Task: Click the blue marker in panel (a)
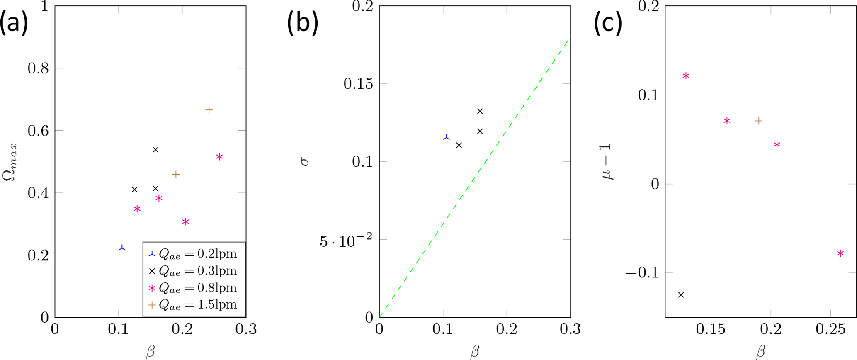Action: pyautogui.click(x=122, y=248)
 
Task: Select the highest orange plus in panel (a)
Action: pyautogui.click(x=209, y=110)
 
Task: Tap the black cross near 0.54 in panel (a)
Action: pyautogui.click(x=155, y=150)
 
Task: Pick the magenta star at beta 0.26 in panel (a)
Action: pyautogui.click(x=219, y=157)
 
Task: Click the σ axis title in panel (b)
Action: pyautogui.click(x=305, y=161)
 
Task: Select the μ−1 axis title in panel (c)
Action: pyautogui.click(x=608, y=162)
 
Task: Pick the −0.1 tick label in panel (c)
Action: pyautogui.click(x=642, y=273)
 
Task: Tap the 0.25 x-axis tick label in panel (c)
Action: pyautogui.click(x=830, y=329)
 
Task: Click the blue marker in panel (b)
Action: pyautogui.click(x=446, y=137)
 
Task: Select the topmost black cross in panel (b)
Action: pyautogui.click(x=480, y=112)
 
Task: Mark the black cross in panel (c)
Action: pyautogui.click(x=681, y=295)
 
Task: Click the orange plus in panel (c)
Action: pyautogui.click(x=759, y=121)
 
